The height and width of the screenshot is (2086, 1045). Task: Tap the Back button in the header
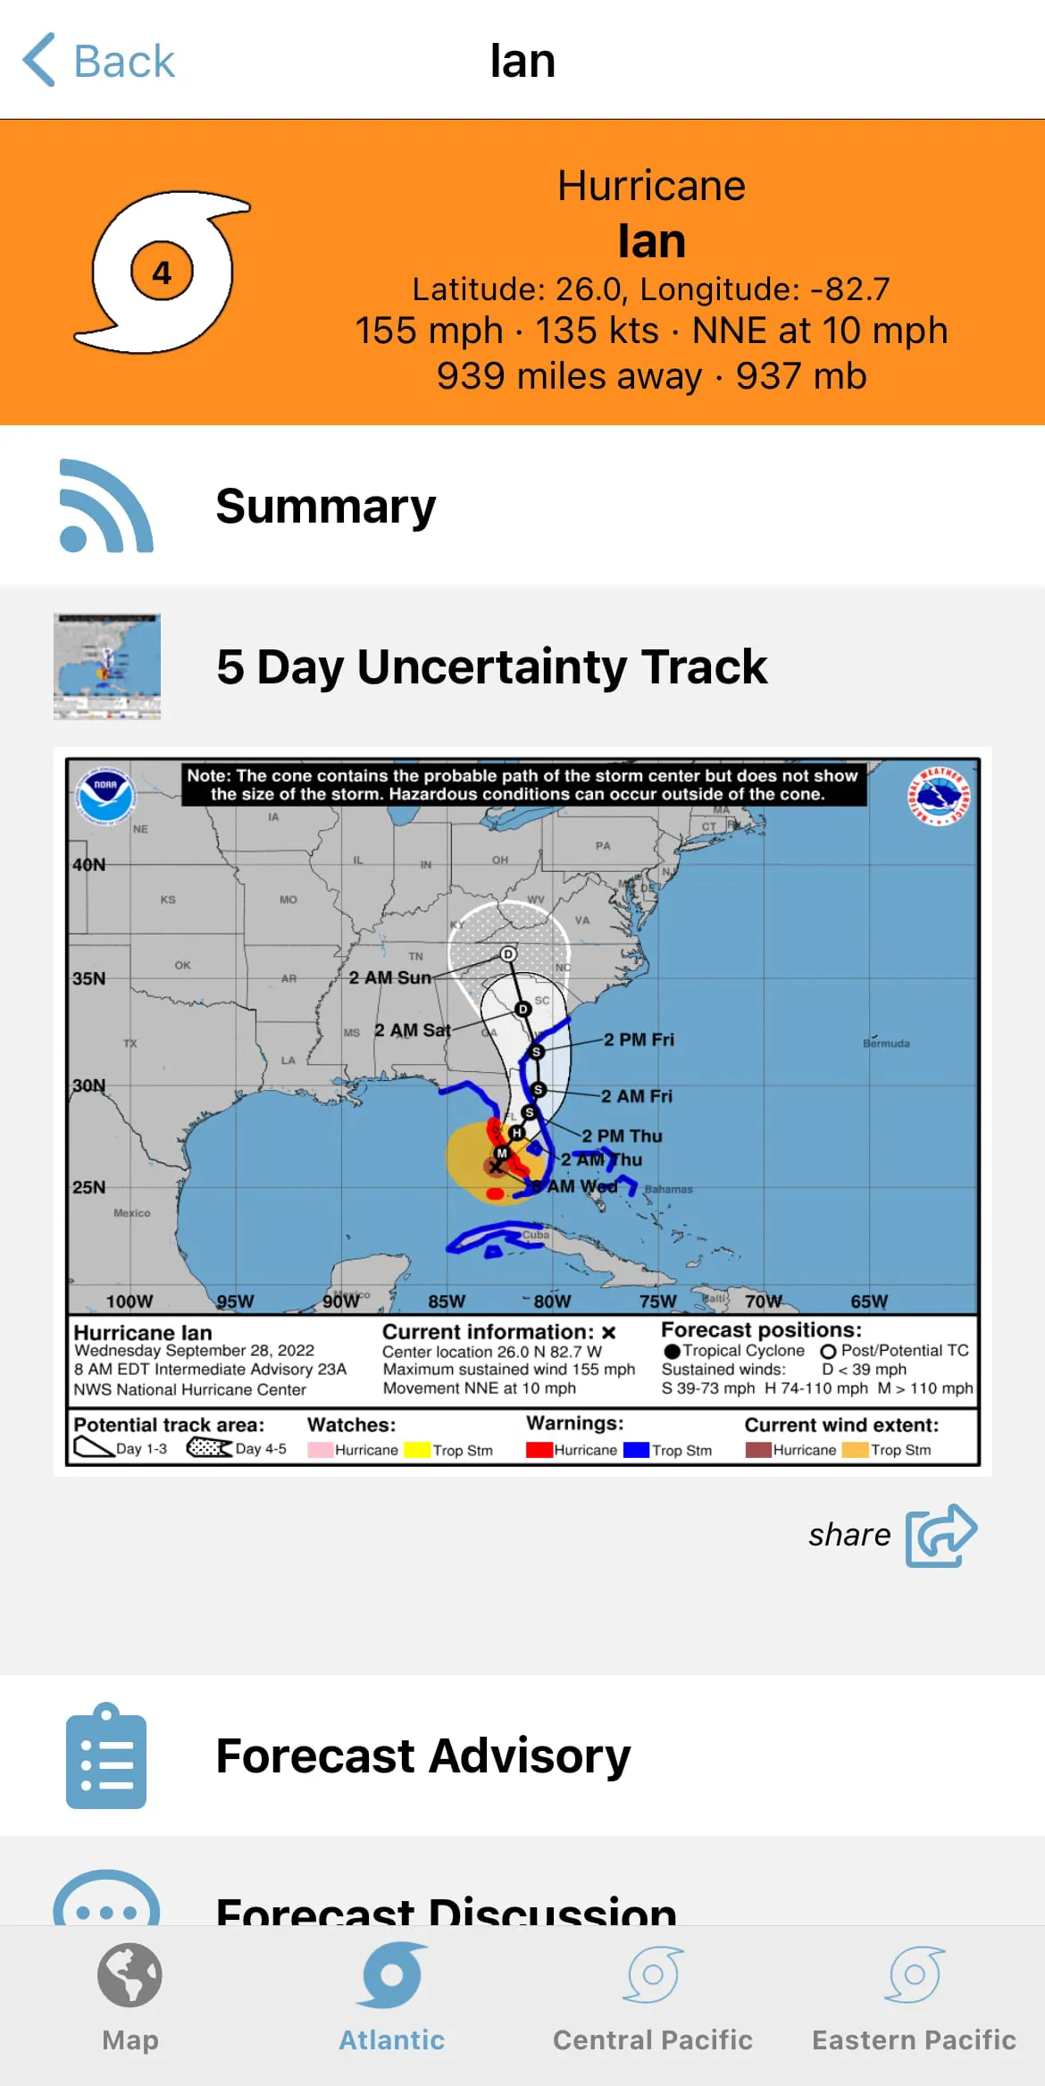pyautogui.click(x=98, y=61)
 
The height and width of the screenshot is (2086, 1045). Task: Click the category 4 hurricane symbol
pyautogui.click(x=162, y=272)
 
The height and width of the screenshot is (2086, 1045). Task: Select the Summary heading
pyautogui.click(x=325, y=507)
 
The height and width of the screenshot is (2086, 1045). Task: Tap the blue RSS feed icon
pyautogui.click(x=106, y=506)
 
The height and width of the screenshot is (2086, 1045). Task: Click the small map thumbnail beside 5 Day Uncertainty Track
pyautogui.click(x=107, y=666)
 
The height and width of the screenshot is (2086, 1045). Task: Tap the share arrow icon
pyautogui.click(x=941, y=1534)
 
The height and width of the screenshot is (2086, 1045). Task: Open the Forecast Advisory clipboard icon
pyautogui.click(x=106, y=1755)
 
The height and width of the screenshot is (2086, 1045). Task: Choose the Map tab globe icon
pyautogui.click(x=130, y=1975)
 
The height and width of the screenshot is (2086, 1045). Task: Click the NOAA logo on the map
pyautogui.click(x=105, y=795)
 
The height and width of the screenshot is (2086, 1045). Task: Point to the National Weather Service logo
pyautogui.click(x=938, y=796)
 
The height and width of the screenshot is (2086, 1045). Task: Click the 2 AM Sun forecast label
pyautogui.click(x=389, y=977)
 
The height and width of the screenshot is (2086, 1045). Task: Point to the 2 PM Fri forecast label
pyautogui.click(x=639, y=1040)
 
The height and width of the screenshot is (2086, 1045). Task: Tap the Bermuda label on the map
pyautogui.click(x=886, y=1043)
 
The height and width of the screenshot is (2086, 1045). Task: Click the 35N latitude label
pyautogui.click(x=89, y=978)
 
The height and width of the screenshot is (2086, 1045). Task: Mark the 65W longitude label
pyautogui.click(x=869, y=1301)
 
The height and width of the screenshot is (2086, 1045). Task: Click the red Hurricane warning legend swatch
pyautogui.click(x=539, y=1450)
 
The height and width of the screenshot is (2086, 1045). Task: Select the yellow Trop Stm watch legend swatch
pyautogui.click(x=416, y=1450)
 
